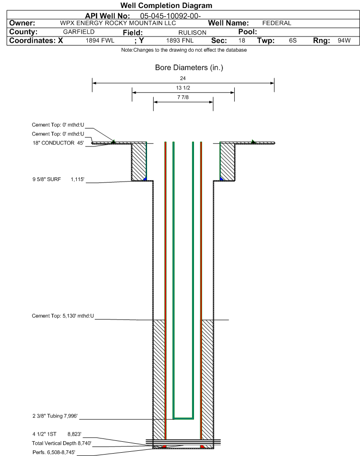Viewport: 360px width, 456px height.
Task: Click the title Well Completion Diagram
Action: (166, 6)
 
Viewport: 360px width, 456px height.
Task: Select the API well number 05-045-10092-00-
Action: (171, 16)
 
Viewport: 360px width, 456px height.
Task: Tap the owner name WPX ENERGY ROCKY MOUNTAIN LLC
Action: (118, 23)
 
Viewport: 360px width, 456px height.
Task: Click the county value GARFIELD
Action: (79, 32)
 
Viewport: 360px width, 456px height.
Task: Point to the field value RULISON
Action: (193, 33)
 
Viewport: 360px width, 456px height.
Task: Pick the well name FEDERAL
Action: (277, 23)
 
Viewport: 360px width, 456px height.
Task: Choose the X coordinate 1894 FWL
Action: (100, 41)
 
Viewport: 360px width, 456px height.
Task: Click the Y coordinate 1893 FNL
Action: (180, 41)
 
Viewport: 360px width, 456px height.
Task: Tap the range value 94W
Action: (344, 41)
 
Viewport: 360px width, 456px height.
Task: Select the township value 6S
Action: (293, 41)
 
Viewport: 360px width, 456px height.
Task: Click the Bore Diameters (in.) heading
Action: (189, 68)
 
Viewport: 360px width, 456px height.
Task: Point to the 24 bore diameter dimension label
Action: (183, 78)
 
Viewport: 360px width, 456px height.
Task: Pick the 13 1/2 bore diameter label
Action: (183, 88)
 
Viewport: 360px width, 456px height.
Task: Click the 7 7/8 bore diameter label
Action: (183, 98)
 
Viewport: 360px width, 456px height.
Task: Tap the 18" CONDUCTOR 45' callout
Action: (58, 143)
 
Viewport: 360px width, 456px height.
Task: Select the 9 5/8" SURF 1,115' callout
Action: (58, 180)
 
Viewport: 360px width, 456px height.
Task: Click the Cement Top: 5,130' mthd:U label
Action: (63, 316)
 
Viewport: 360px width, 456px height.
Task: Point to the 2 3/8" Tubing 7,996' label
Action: (55, 416)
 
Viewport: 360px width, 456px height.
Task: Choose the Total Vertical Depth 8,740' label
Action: (62, 444)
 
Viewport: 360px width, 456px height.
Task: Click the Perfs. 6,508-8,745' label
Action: (54, 453)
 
